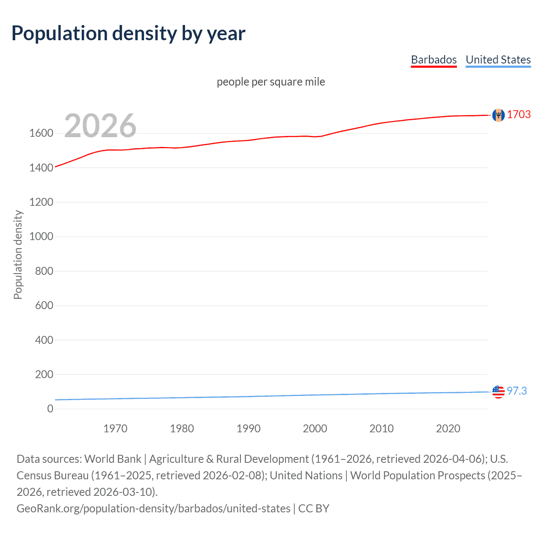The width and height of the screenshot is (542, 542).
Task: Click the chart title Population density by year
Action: (x=128, y=33)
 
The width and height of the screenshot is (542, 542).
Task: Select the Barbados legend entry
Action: (x=434, y=60)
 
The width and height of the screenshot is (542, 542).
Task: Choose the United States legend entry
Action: (x=498, y=60)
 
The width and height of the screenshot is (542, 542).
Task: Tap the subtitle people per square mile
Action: (x=271, y=82)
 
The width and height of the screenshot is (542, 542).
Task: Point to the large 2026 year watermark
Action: (x=100, y=126)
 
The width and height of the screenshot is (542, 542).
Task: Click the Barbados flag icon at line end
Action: (x=498, y=115)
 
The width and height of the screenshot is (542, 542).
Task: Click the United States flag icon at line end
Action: (x=498, y=392)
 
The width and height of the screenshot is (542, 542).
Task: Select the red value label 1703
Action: (x=519, y=115)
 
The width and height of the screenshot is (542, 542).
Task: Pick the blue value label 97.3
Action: (x=517, y=391)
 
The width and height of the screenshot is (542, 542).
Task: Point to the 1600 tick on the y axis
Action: (x=41, y=133)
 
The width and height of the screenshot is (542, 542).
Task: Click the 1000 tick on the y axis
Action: (x=41, y=237)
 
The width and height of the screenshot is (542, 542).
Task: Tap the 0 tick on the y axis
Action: (x=50, y=409)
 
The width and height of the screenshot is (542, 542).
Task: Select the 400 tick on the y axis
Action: (x=44, y=340)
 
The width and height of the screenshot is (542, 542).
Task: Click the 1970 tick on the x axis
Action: (x=115, y=429)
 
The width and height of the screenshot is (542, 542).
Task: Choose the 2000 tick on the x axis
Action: (x=315, y=429)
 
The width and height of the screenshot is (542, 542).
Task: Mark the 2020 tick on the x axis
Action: (x=448, y=429)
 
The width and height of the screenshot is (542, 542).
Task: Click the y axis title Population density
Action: (x=18, y=255)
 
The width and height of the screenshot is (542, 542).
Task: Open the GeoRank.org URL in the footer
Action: (x=153, y=508)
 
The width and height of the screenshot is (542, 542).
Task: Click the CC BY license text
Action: (x=314, y=508)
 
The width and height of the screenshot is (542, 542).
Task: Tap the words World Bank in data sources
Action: (x=113, y=459)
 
